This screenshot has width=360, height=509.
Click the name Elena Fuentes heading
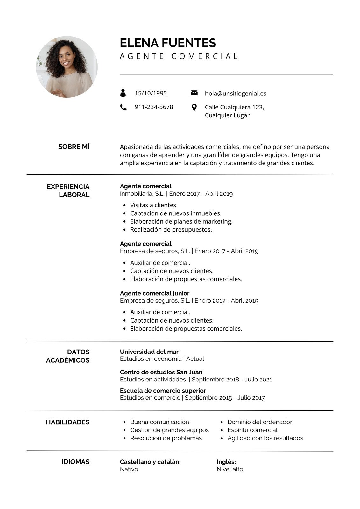point(168,43)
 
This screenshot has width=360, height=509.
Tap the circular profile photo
point(67,67)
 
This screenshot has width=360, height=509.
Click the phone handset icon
point(123,107)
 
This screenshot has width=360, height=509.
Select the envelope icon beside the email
point(194,93)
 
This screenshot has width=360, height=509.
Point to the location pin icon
point(194,108)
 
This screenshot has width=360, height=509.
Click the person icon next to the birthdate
point(123,93)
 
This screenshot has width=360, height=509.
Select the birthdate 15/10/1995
point(151,93)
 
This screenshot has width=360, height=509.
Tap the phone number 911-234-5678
point(154,107)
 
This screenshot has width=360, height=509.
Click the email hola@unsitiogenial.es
point(236,94)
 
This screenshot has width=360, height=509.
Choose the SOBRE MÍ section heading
point(74,147)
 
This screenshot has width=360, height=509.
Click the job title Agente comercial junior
point(155,293)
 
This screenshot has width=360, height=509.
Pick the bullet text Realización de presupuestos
point(171,229)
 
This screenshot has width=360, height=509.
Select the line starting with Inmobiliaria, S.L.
point(176,193)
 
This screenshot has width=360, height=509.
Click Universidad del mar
point(149,352)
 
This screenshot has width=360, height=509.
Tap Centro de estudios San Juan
point(161,372)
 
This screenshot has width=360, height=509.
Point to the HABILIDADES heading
point(68,422)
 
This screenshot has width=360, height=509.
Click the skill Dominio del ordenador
point(260,422)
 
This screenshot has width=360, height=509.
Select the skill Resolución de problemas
point(166,438)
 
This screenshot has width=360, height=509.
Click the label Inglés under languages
point(226,462)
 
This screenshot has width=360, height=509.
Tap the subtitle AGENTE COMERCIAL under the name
point(179,56)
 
